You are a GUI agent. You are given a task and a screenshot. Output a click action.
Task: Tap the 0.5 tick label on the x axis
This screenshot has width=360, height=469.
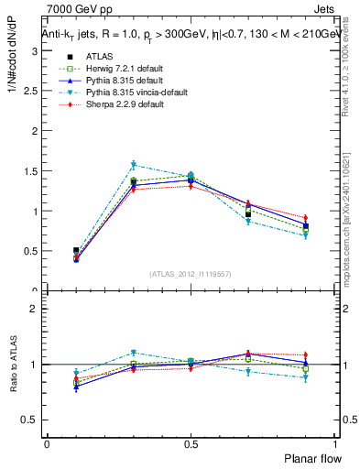(x=191, y=442)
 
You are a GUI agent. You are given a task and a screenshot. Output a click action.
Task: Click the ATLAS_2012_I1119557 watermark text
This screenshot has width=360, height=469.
(x=191, y=273)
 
